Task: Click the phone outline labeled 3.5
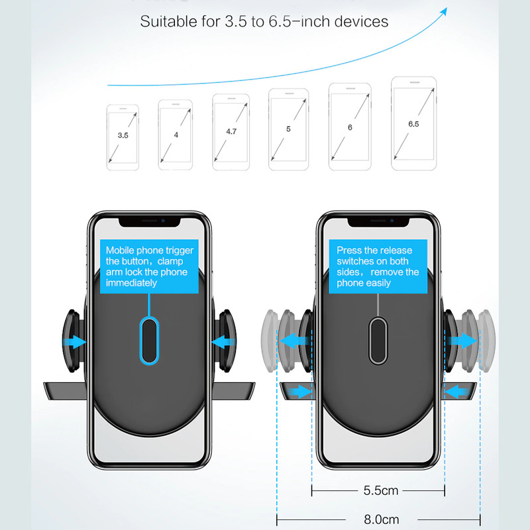(x=123, y=135)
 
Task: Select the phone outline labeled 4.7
(x=231, y=131)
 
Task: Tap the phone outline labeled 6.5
(x=414, y=124)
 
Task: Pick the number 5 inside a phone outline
(x=288, y=129)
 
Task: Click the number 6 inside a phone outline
(x=350, y=127)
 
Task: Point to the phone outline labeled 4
(x=176, y=134)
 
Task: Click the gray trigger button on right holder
(x=378, y=340)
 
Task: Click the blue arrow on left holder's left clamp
(x=76, y=342)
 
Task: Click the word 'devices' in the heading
(x=362, y=21)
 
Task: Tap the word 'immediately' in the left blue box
(x=132, y=283)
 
